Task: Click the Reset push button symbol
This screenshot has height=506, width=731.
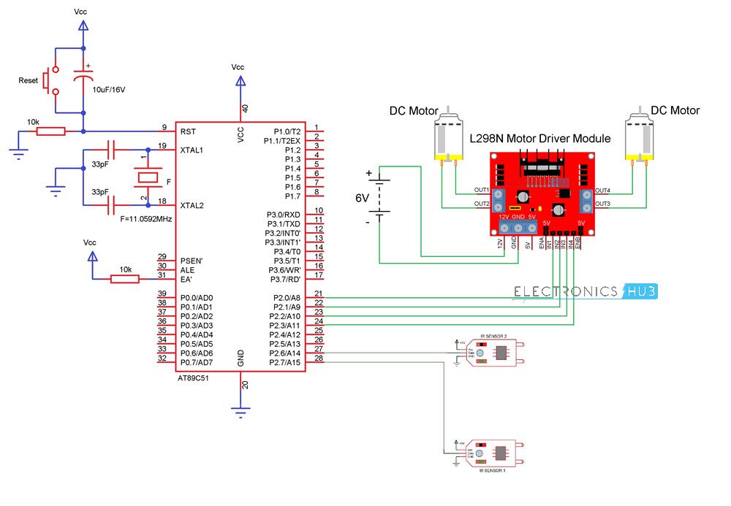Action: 50,80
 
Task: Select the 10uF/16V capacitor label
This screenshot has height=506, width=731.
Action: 109,90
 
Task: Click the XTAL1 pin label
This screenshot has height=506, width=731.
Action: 192,150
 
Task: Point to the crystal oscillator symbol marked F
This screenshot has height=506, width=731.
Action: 148,177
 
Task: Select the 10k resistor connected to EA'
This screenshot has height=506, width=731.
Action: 126,277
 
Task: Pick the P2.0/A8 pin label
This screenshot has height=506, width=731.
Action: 286,298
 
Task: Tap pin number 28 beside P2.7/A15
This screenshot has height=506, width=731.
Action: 318,359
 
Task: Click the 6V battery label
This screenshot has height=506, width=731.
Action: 363,198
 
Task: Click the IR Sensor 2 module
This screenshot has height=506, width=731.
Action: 486,352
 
